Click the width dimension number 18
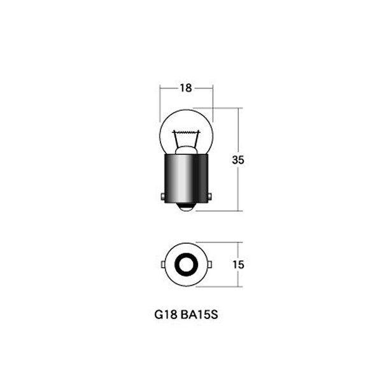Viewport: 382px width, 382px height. pyautogui.click(x=186, y=88)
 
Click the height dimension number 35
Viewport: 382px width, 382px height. pyautogui.click(x=239, y=160)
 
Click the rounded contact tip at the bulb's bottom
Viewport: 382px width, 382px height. pyautogui.click(x=186, y=208)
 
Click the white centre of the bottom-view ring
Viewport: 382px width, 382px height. pyautogui.click(x=186, y=263)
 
